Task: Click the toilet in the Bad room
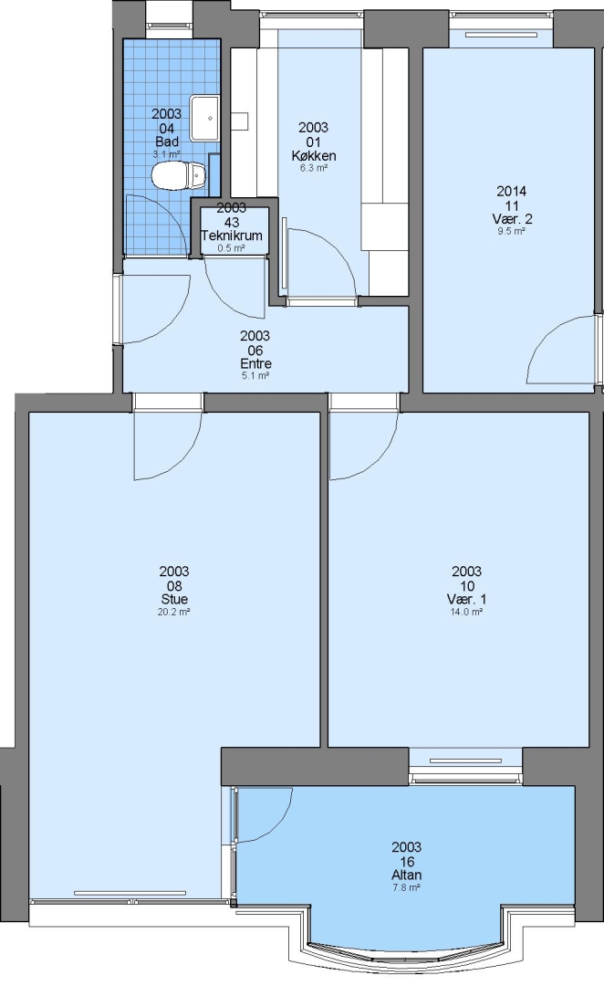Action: point(179,175)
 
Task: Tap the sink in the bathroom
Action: point(204,118)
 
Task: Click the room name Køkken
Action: point(313,156)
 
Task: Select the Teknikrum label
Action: point(232,236)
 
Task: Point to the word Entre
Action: point(255,364)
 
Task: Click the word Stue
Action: point(174,599)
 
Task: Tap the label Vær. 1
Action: point(466,599)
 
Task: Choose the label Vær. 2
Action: point(512,219)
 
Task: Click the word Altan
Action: point(406,875)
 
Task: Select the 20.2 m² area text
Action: point(174,611)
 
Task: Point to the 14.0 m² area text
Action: point(466,611)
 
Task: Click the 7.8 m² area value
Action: point(406,886)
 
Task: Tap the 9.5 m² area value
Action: point(512,231)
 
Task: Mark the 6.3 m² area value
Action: point(313,168)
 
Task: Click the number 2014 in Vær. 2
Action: point(512,191)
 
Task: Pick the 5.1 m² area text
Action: point(255,376)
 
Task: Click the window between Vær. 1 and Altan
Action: point(465,766)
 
